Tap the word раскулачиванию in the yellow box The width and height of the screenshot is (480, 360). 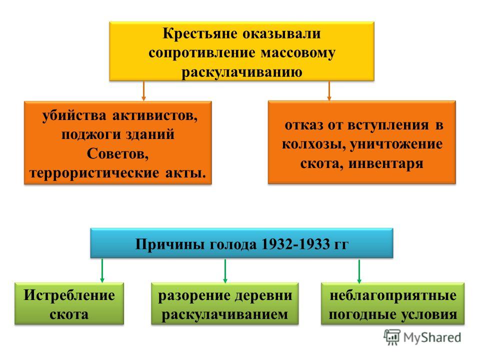(x=242, y=72)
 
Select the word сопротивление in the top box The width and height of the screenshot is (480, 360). (x=202, y=53)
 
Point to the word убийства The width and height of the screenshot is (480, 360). (x=74, y=115)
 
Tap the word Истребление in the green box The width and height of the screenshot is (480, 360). (x=69, y=295)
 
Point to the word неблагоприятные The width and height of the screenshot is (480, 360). (x=393, y=296)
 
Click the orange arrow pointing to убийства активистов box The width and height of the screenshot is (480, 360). (x=143, y=91)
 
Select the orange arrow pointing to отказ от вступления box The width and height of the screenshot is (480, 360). (x=329, y=91)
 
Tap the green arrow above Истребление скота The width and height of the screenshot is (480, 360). (x=102, y=270)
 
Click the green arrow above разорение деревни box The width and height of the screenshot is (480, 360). (x=225, y=271)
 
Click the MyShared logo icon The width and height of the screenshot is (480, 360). (x=392, y=337)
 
